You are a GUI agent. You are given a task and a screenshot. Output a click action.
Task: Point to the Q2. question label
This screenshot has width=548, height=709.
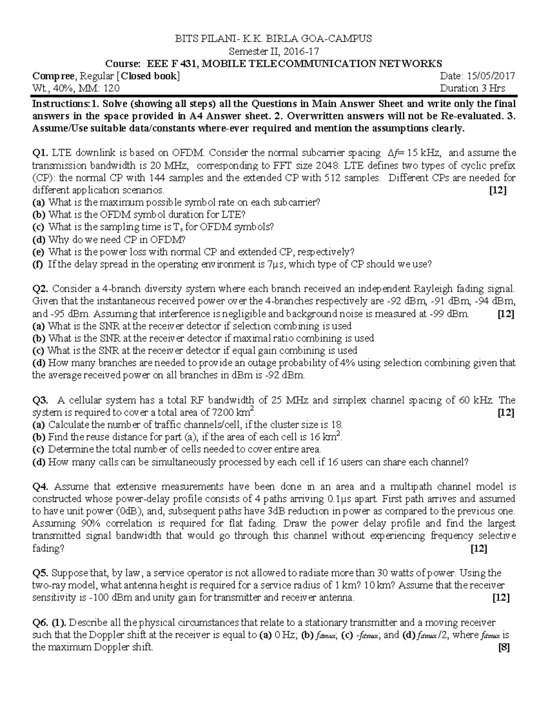tap(40, 289)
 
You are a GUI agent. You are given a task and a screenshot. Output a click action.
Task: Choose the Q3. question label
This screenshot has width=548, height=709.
tap(40, 400)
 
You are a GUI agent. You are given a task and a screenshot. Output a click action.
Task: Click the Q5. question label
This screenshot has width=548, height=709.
tap(40, 573)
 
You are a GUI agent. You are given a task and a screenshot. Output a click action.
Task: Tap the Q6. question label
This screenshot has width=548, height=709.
tap(40, 622)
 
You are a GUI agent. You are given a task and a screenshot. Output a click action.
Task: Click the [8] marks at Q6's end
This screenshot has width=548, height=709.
tap(504, 647)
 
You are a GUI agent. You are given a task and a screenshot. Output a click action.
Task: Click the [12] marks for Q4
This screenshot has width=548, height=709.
tap(479, 548)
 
